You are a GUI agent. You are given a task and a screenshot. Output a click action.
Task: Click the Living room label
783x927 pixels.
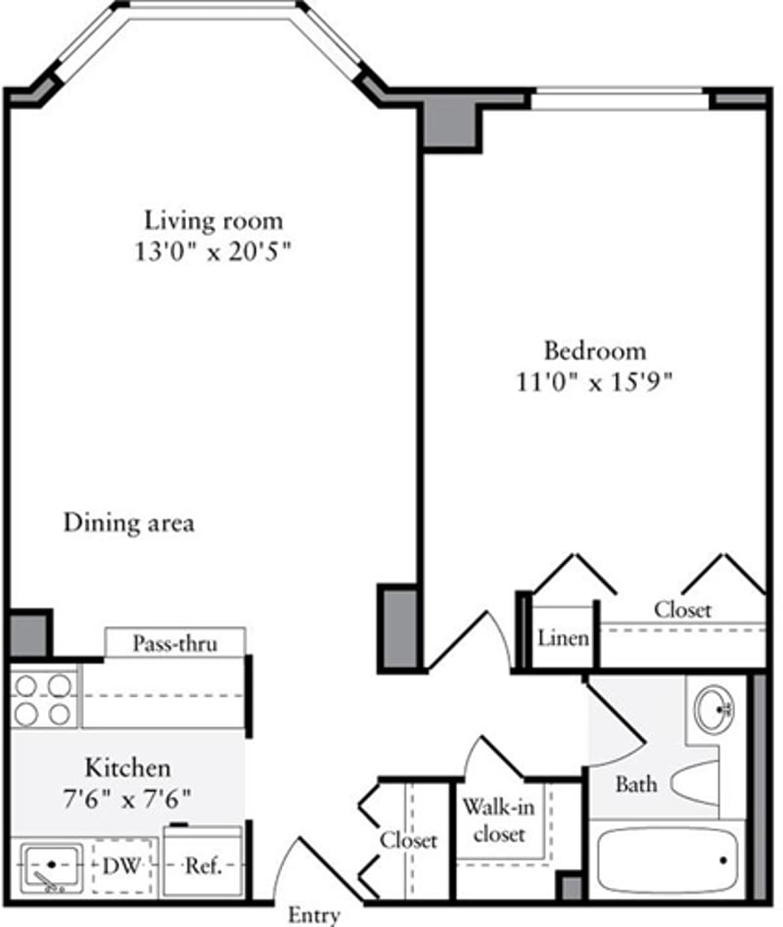[213, 219]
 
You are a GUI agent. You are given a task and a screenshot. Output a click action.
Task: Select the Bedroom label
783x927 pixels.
[595, 350]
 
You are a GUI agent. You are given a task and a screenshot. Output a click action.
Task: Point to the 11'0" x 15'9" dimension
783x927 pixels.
[595, 383]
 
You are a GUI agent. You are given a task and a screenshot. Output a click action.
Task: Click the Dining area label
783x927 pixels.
[128, 523]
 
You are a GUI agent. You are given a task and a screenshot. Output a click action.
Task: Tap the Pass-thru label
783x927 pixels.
[174, 643]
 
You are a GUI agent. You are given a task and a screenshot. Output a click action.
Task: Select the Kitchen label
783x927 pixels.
[127, 765]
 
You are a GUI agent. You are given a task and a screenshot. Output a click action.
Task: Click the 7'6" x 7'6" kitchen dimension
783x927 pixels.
[127, 797]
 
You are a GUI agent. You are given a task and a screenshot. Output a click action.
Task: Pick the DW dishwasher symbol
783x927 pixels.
[124, 866]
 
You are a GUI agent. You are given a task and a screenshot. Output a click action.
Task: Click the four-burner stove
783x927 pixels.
[44, 698]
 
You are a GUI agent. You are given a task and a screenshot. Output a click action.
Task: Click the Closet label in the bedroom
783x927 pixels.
[682, 610]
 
